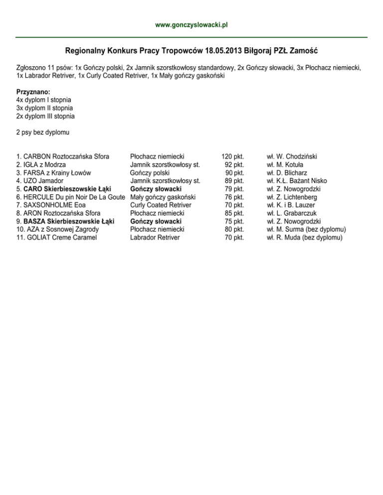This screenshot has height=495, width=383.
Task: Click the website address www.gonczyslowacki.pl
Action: tap(191, 24)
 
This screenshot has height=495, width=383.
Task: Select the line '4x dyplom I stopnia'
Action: tap(44, 100)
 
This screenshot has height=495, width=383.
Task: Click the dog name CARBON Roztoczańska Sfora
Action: tap(63, 157)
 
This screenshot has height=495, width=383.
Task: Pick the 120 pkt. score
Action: tap(232, 157)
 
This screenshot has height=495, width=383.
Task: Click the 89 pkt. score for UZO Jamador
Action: tap(234, 181)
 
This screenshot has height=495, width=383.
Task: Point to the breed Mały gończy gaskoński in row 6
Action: tap(163, 197)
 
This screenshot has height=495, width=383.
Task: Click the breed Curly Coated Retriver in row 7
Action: tap(161, 205)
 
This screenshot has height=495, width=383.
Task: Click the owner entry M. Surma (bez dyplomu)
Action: tap(307, 230)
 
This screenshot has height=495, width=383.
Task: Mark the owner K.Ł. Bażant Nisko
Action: tap(297, 181)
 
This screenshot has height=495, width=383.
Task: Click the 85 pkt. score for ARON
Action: tap(234, 213)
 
